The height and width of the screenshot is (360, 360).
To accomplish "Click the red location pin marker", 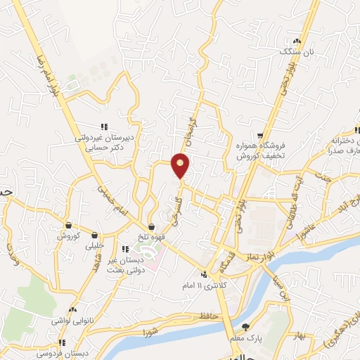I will [x=181, y=165].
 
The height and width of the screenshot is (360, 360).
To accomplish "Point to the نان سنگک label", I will [x=293, y=52].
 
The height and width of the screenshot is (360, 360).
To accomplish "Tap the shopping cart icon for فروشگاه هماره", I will [x=260, y=136].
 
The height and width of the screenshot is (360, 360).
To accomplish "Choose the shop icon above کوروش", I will [x=68, y=226].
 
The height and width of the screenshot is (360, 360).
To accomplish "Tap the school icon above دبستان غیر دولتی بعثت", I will [x=124, y=249].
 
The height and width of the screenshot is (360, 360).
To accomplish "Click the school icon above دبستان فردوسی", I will [x=62, y=342].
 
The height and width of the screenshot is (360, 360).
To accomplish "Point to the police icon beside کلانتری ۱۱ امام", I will [x=204, y=275].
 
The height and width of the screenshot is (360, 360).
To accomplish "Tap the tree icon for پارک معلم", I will [x=245, y=327].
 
